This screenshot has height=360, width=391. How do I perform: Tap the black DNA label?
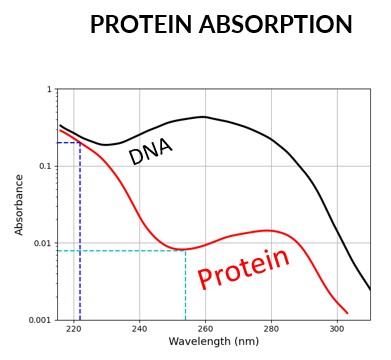(150, 151)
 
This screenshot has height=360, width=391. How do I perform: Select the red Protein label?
(243, 267)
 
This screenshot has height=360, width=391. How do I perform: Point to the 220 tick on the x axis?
(73, 327)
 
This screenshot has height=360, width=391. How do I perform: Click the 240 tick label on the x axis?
(139, 327)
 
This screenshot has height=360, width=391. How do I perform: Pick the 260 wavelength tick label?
(205, 327)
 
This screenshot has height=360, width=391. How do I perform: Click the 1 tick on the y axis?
(49, 90)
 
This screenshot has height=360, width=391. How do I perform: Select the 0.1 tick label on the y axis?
(44, 166)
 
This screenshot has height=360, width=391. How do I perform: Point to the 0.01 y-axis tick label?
(41, 243)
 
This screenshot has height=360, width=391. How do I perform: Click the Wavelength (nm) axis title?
(213, 342)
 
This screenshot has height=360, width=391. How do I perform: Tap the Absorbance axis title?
(20, 205)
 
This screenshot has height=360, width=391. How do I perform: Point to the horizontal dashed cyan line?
(120, 250)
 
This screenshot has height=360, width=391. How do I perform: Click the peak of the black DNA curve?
(203, 117)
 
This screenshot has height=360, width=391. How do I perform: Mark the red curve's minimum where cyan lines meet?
(185, 250)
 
